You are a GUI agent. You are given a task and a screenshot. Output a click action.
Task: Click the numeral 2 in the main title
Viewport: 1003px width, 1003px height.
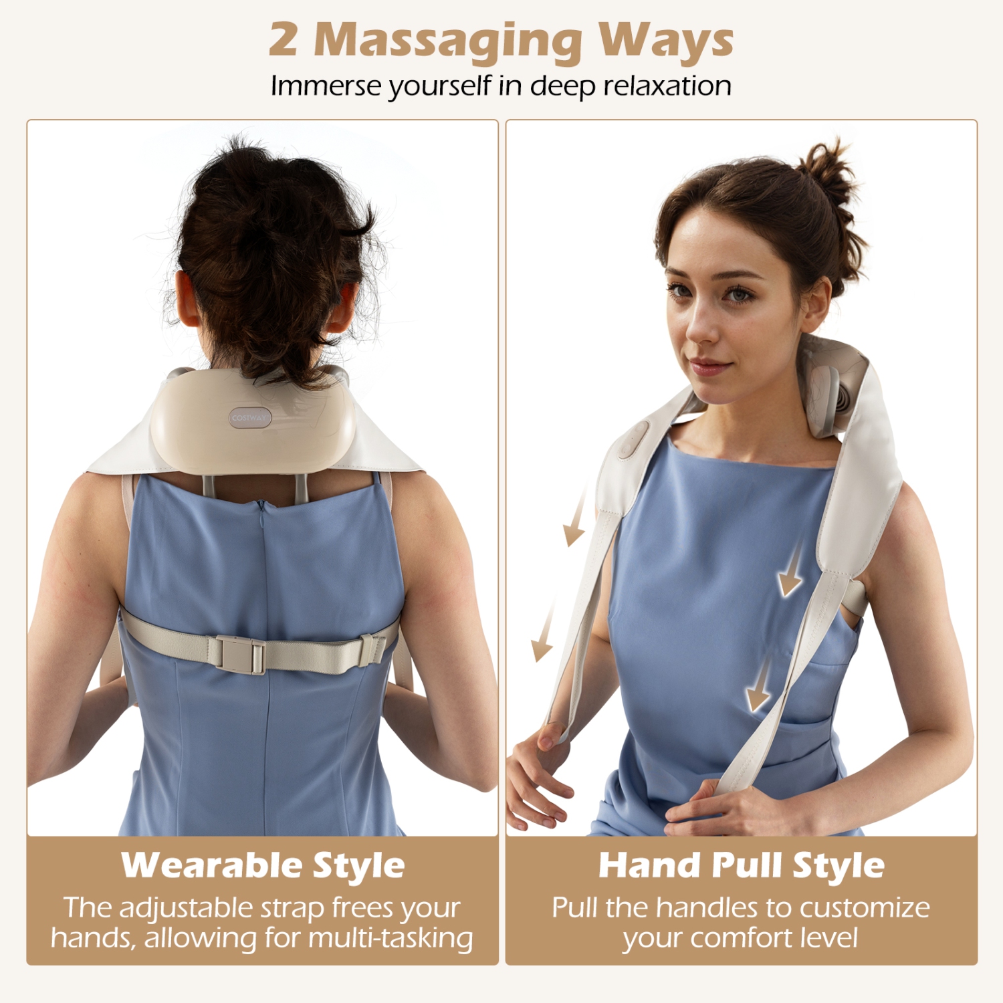tap(283, 39)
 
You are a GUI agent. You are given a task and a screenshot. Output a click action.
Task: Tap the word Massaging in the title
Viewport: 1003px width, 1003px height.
tap(448, 41)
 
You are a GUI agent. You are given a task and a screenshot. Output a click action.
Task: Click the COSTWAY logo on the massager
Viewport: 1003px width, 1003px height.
tap(249, 418)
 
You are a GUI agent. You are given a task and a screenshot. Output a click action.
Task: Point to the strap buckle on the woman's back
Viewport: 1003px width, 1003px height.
tap(239, 655)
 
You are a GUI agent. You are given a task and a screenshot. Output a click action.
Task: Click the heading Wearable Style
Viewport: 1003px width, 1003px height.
tap(263, 865)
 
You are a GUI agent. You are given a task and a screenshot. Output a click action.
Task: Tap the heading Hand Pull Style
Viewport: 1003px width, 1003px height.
tap(741, 865)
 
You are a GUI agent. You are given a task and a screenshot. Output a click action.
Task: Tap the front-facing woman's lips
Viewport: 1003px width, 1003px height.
tap(710, 366)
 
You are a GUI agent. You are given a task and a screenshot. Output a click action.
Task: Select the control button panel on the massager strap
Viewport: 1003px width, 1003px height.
tap(631, 439)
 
